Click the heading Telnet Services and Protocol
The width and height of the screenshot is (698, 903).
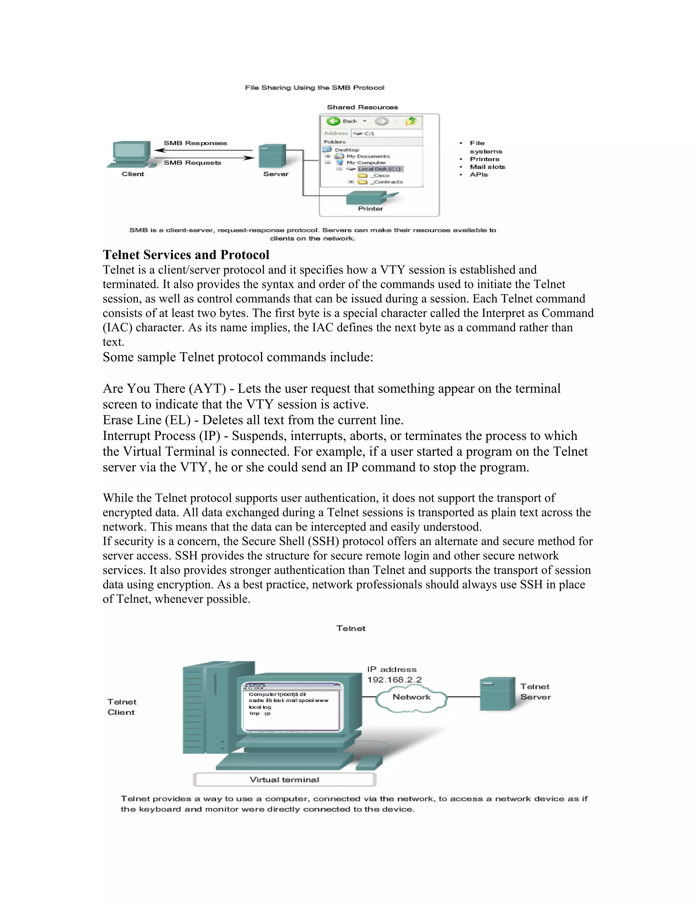coord(186,255)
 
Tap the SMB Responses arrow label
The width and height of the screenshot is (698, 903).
coord(195,143)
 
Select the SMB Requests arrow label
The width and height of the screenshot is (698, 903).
coord(192,163)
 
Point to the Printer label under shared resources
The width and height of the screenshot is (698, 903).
coord(370,209)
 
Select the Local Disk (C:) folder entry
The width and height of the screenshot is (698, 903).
coord(379,169)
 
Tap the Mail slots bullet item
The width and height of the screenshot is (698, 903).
coord(487,167)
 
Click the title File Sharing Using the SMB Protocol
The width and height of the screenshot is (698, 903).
coord(314,88)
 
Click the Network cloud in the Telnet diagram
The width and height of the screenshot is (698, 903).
coord(411,698)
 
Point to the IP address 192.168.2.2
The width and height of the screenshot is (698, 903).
coord(394,680)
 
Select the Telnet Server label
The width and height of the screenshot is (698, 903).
coord(535,692)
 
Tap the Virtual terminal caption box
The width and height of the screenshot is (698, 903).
coord(285,780)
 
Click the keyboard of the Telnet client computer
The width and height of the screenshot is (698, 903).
coord(285,760)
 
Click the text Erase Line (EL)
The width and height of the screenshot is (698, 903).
coord(146,420)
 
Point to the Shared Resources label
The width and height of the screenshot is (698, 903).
coord(362,107)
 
